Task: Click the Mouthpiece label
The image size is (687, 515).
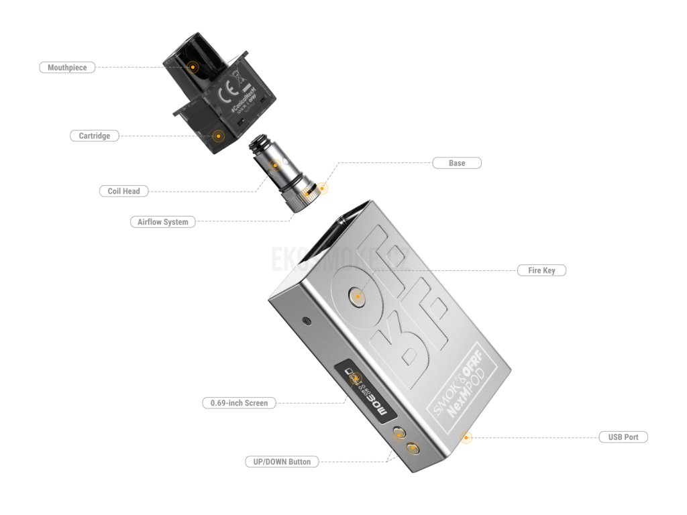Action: [67, 67]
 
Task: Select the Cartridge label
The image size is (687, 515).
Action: [94, 135]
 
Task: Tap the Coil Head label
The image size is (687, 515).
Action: [123, 191]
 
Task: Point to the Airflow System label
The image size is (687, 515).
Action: [162, 221]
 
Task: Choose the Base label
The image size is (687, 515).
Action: [456, 163]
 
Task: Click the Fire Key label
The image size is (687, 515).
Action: [541, 270]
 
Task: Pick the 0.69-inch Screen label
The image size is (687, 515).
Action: [239, 403]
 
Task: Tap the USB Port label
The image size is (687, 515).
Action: [623, 437]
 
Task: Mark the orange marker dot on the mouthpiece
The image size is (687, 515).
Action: [193, 67]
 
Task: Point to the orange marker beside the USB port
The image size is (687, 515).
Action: [466, 437]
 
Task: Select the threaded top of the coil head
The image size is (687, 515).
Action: [259, 144]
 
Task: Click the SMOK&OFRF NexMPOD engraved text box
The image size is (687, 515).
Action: [460, 384]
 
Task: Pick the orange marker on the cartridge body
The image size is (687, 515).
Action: [217, 135]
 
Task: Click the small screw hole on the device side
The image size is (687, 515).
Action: [307, 321]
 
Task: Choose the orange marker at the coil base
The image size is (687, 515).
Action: [321, 188]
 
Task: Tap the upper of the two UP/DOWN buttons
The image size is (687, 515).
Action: [400, 433]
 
